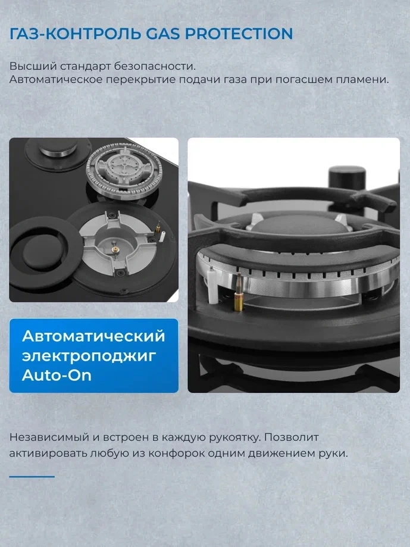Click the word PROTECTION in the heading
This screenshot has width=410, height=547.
[239, 34]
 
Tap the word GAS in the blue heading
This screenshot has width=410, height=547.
[163, 34]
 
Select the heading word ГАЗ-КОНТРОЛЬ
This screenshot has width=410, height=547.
[76, 34]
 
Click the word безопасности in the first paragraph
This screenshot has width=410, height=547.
[155, 66]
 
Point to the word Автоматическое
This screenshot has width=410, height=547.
[56, 80]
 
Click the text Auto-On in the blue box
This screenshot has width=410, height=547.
[57, 375]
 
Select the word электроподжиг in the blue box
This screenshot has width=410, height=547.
[89, 356]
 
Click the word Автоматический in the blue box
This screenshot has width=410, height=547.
[93, 336]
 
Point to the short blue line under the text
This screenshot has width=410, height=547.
[32, 476]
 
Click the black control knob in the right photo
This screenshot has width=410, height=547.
[348, 178]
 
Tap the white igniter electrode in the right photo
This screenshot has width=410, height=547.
[211, 284]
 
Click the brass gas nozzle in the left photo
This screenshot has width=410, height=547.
[114, 249]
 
